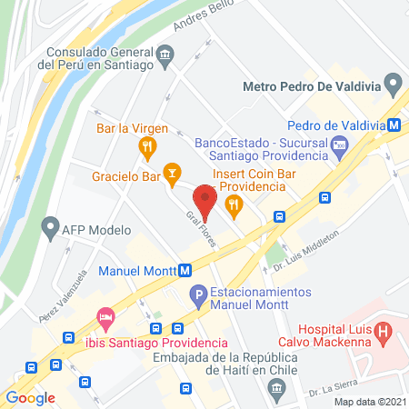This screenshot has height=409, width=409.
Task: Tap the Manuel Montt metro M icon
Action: (185, 270)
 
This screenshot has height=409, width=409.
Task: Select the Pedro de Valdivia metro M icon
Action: (395, 125)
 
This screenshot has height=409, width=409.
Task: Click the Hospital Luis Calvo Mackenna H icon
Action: (384, 332)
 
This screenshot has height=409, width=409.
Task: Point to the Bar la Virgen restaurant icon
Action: (145, 146)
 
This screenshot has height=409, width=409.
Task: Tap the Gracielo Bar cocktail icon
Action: (172, 173)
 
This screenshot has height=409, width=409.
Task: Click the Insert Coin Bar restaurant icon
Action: (234, 205)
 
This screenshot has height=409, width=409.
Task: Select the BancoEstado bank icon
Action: (338, 143)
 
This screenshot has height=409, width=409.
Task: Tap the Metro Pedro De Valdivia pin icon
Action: (393, 86)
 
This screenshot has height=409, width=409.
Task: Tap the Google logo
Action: (30, 397)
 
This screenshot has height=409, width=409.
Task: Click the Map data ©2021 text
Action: (369, 402)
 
